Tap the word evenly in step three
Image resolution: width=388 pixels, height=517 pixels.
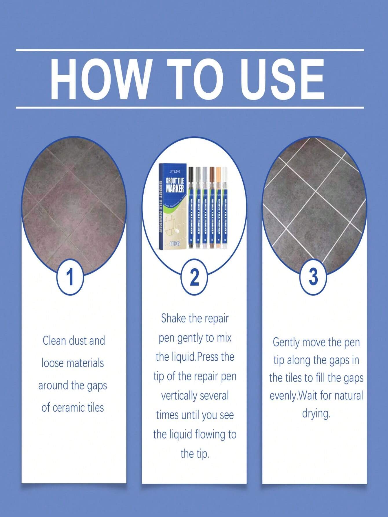click(x=283, y=396)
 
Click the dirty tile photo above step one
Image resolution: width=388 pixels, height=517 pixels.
click(x=74, y=200)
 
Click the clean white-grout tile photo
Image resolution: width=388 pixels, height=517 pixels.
click(x=314, y=200)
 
